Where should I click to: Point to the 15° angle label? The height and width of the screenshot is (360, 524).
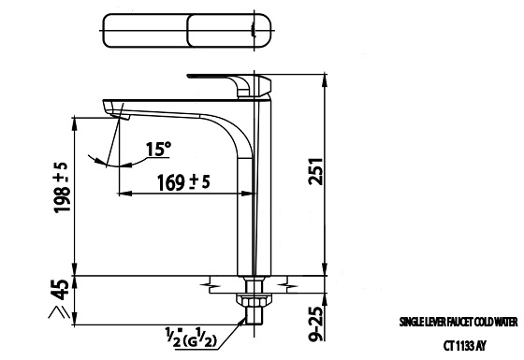[x=160, y=148]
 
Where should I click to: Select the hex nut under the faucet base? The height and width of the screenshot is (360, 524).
[x=250, y=300]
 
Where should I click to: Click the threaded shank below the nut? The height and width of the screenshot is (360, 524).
[x=250, y=318]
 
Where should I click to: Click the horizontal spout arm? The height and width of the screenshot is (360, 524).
[x=168, y=108]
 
